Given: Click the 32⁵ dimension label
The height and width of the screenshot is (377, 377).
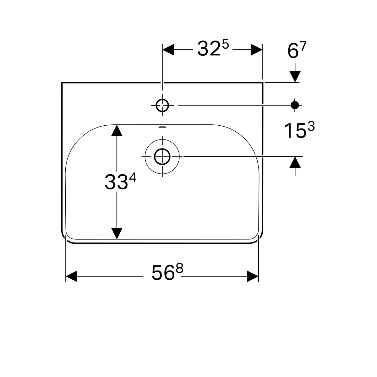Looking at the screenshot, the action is tap(213, 48).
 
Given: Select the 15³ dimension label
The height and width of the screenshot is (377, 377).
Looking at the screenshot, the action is tap(299, 130).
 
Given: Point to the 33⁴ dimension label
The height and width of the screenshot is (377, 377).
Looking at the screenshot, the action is tap(120, 182).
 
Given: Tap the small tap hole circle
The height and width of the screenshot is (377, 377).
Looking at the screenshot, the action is tap(162, 105).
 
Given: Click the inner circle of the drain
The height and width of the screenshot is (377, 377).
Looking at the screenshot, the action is tap(162, 156).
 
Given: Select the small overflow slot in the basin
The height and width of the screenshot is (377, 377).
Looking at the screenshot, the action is tap(162, 127).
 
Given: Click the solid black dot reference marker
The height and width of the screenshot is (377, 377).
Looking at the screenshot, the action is tap(295, 105).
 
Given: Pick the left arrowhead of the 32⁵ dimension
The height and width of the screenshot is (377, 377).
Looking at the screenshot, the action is tap(168, 50).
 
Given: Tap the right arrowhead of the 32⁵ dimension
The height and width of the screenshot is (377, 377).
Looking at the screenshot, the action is tap(257, 50).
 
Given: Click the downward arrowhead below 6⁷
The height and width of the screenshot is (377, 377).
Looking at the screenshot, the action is tap(295, 76).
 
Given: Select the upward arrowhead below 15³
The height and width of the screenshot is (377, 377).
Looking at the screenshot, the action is tap(295, 162).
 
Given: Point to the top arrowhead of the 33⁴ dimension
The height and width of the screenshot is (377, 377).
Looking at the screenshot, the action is tap(117, 130).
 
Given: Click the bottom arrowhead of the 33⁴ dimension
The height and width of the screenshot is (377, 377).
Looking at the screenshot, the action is tap(117, 233).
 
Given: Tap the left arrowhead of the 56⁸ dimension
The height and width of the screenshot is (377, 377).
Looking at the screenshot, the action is tap(72, 276).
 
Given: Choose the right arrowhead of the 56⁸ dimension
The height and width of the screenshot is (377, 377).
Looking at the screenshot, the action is tap(253, 276).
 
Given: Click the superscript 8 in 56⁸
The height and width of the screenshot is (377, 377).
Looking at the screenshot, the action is tap(179, 268).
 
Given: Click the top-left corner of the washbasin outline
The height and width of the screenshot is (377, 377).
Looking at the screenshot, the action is tap(62, 83).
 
